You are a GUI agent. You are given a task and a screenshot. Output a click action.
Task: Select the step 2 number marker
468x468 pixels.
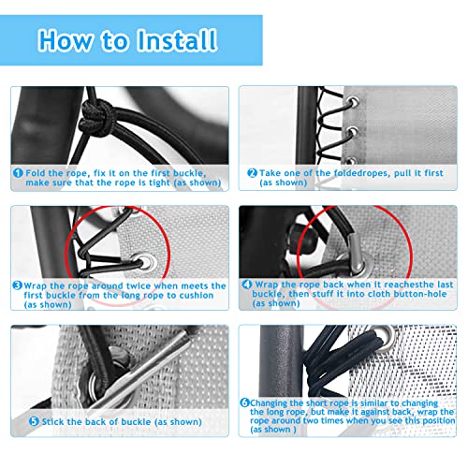pyautogui.click(x=251, y=172)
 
